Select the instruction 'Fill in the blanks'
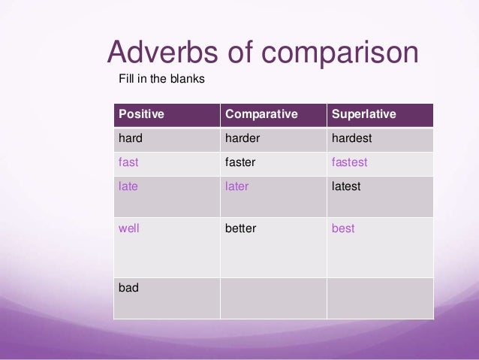click(161, 78)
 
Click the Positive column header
click(141, 114)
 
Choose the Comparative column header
click(261, 114)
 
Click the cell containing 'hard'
click(131, 138)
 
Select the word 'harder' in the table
click(242, 138)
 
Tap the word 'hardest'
click(351, 138)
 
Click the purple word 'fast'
click(128, 162)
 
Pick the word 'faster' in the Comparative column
click(240, 162)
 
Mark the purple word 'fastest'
click(349, 162)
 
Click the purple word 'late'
click(128, 186)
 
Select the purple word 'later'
click(236, 186)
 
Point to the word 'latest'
click(346, 186)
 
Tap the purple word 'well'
click(128, 228)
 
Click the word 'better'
click(240, 228)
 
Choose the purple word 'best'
click(343, 228)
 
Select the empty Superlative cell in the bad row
click(380, 298)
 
